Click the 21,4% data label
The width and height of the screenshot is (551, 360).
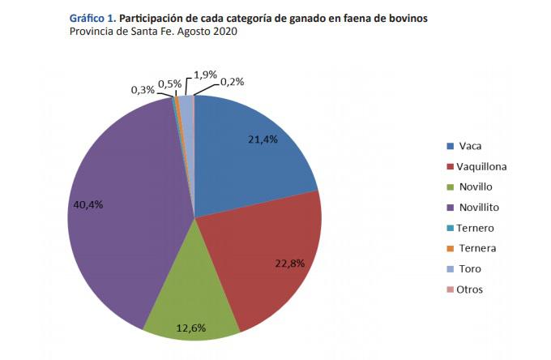pyautogui.click(x=263, y=139)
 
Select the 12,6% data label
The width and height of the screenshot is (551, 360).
pyautogui.click(x=191, y=328)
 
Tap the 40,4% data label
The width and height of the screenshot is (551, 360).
pyautogui.click(x=88, y=204)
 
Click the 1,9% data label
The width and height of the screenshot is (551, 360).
pyautogui.click(x=205, y=75)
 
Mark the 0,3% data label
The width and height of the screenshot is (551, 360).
pyautogui.click(x=143, y=90)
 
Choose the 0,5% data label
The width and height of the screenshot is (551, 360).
pyautogui.click(x=170, y=84)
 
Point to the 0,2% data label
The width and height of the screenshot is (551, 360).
pyautogui.click(x=232, y=81)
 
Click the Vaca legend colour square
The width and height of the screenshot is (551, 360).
pyautogui.click(x=450, y=147)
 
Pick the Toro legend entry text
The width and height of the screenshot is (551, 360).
pyautogui.click(x=470, y=269)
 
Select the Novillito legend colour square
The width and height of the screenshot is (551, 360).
pyautogui.click(x=450, y=208)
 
